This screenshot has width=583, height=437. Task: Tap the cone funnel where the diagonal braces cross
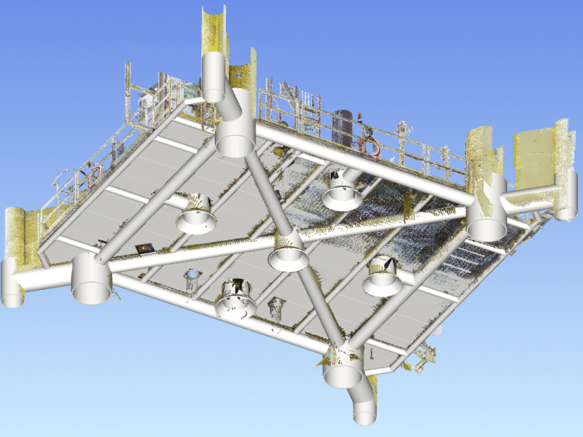(x=286, y=253)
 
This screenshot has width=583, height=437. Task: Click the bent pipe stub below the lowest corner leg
(x=362, y=404)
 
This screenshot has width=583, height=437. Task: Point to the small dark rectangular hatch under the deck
(x=144, y=249)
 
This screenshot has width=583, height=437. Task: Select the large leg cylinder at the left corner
(x=91, y=279)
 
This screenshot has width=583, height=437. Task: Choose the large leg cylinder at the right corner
(x=486, y=219)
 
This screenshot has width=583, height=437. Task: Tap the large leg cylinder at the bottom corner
(x=343, y=368)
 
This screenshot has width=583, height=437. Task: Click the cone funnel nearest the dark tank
(x=342, y=193)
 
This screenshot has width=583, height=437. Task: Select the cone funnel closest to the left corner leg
(x=196, y=215)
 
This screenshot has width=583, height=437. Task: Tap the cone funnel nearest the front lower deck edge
(x=235, y=299)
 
